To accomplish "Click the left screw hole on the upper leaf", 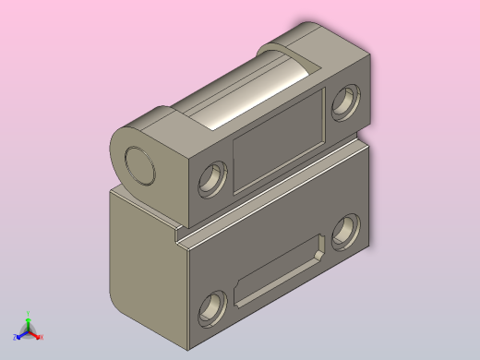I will coord(212,177).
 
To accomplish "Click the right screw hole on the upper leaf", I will coord(346,100).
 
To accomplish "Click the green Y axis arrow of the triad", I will coord(28,322).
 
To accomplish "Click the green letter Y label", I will coord(28,314).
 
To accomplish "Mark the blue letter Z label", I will coord(15,339).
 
